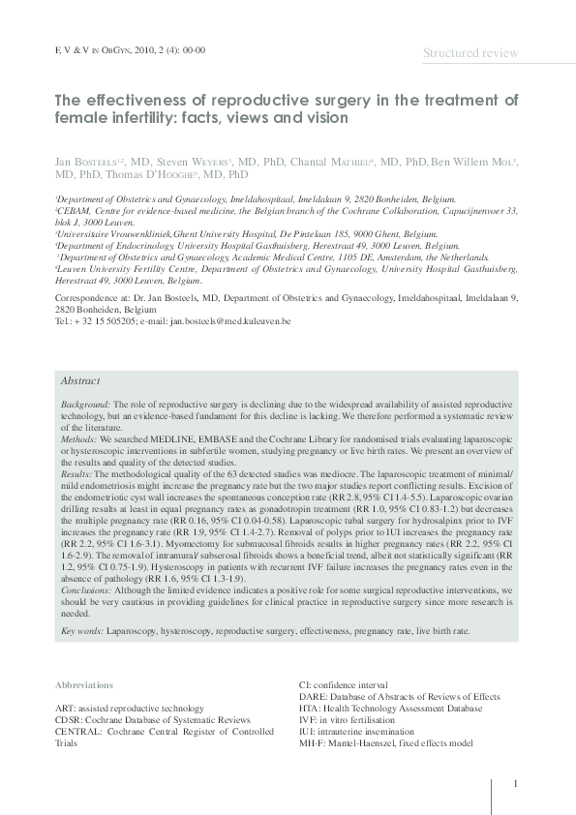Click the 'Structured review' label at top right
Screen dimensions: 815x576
pos(470,53)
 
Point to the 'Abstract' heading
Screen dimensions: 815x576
pos(80,381)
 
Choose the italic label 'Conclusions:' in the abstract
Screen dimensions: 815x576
pos(86,589)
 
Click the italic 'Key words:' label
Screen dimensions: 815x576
pos(82,630)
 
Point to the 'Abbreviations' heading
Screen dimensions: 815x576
pos(84,685)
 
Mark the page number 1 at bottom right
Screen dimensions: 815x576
pos(516,784)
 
